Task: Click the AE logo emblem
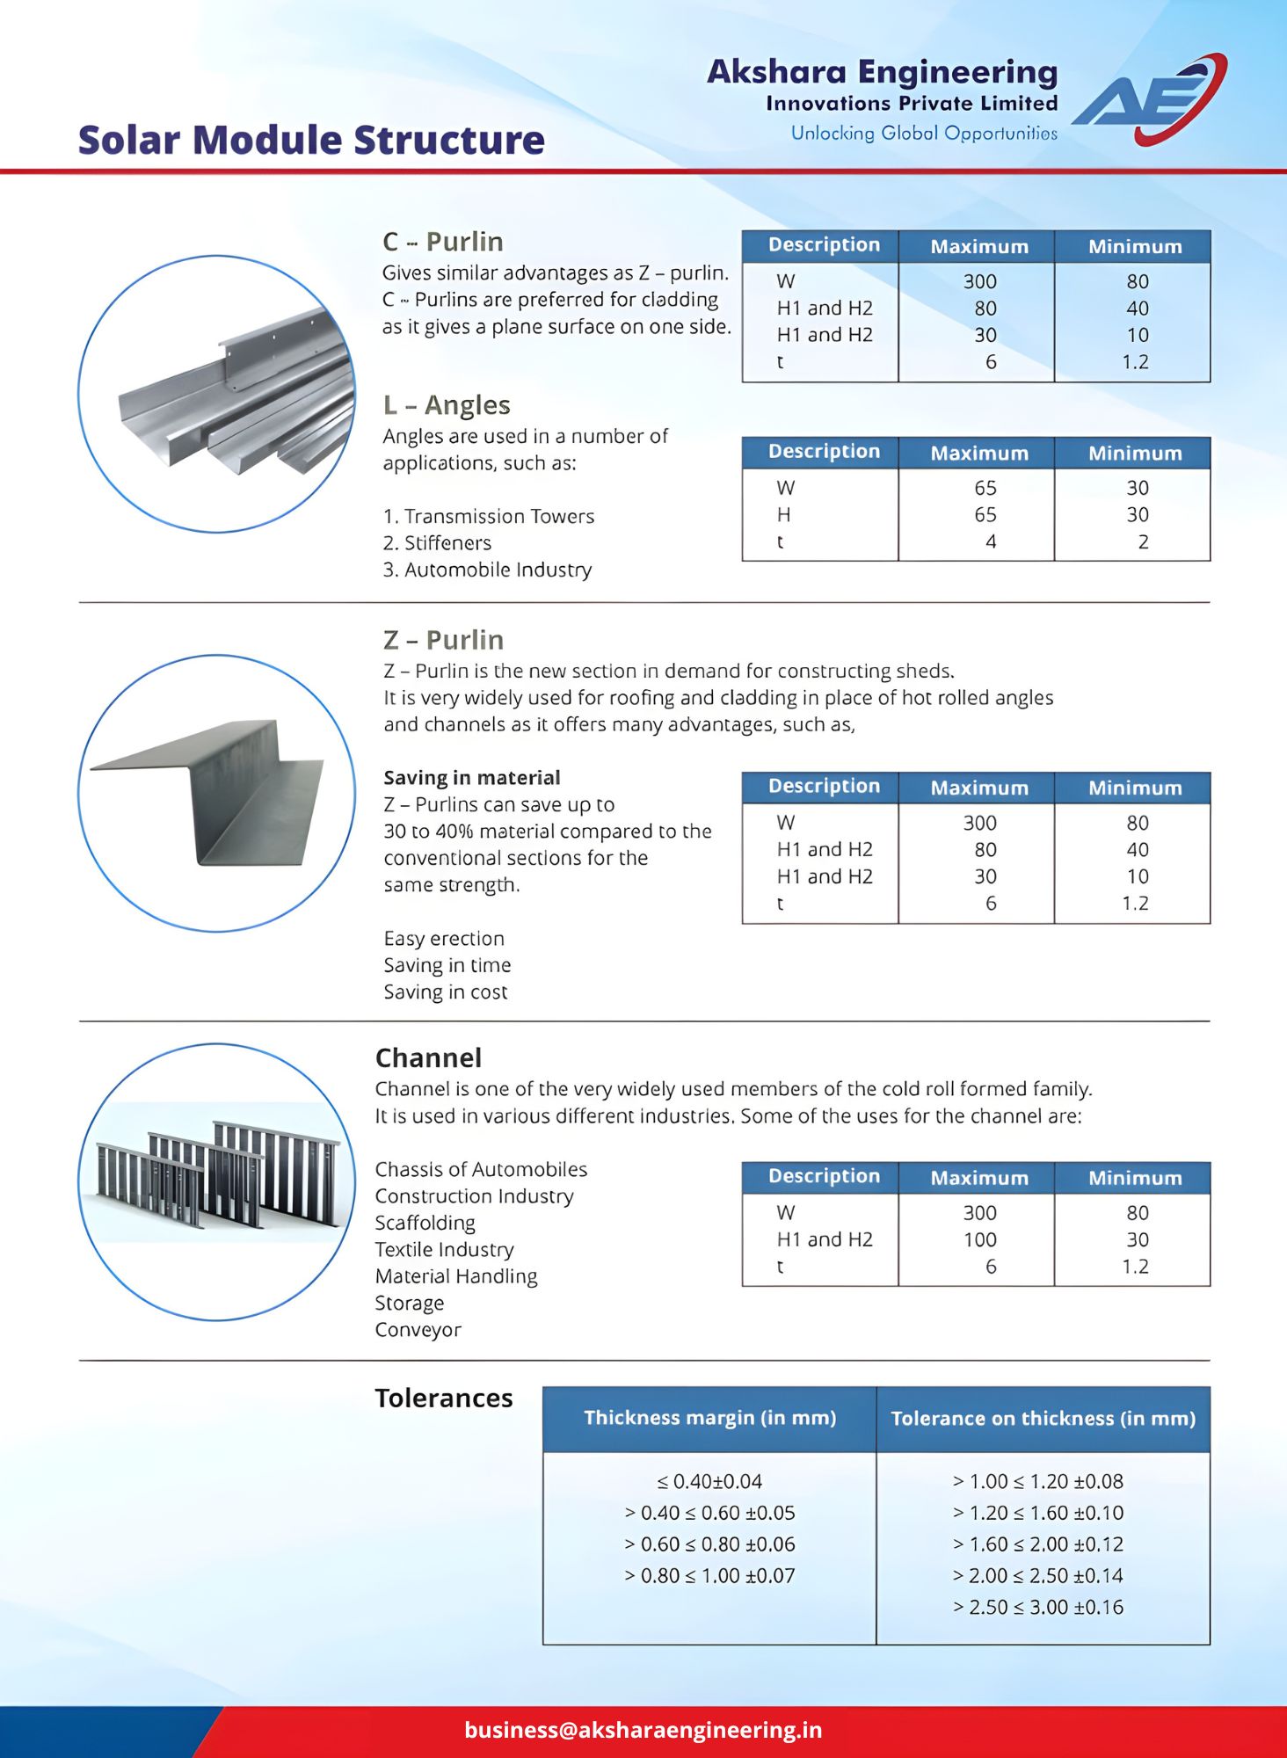tap(1148, 98)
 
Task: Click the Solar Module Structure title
tap(311, 141)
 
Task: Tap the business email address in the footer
tap(643, 1730)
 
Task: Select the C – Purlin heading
tap(443, 242)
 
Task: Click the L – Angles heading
tap(447, 405)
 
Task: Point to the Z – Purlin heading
tap(443, 640)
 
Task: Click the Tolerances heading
tap(443, 1398)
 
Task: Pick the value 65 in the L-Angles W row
tap(985, 488)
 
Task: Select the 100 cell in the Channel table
tap(979, 1240)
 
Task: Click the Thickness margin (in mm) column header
tap(709, 1418)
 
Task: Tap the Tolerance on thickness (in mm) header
tap(1043, 1419)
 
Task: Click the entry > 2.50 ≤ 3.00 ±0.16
tap(1037, 1608)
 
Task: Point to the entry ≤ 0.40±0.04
tap(709, 1482)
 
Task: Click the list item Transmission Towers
tap(498, 517)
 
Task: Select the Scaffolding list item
tap(425, 1224)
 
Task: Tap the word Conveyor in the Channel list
tap(418, 1330)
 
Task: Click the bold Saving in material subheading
tap(471, 778)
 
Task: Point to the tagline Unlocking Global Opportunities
tap(924, 134)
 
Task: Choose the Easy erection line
tap(443, 939)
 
